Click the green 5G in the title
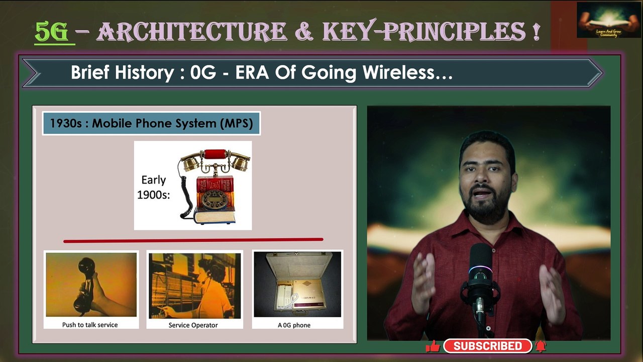(52, 32)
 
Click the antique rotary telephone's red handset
(215, 153)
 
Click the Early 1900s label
(153, 188)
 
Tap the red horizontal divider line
(193, 240)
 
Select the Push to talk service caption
(90, 325)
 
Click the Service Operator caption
(193, 325)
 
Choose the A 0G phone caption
(294, 325)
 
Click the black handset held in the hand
(85, 285)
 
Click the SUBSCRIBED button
(487, 346)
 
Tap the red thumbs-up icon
(433, 346)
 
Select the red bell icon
(541, 346)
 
